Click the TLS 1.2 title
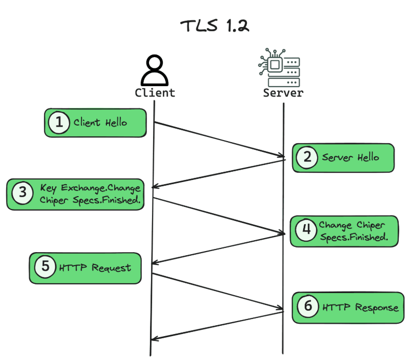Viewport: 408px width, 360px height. coord(215,26)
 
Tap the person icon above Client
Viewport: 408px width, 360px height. coord(155,70)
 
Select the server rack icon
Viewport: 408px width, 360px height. coord(279,67)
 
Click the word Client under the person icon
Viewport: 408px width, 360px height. coord(155,93)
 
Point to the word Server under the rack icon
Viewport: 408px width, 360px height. coord(283,93)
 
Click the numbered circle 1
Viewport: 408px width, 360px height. coord(59,122)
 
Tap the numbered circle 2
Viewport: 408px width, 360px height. coord(307,157)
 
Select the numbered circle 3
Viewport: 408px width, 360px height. coord(23,193)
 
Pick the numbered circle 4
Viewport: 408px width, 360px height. coord(306,230)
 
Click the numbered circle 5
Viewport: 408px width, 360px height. coord(45,267)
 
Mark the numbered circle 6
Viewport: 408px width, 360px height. coord(308,306)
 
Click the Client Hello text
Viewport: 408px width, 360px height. coord(100,122)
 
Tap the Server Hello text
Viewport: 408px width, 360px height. coord(350,157)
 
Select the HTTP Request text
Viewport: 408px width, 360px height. coord(95,268)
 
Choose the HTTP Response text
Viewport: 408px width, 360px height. coord(360,308)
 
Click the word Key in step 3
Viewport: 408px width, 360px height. coord(48,188)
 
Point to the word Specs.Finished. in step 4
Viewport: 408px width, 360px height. coord(354,237)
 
